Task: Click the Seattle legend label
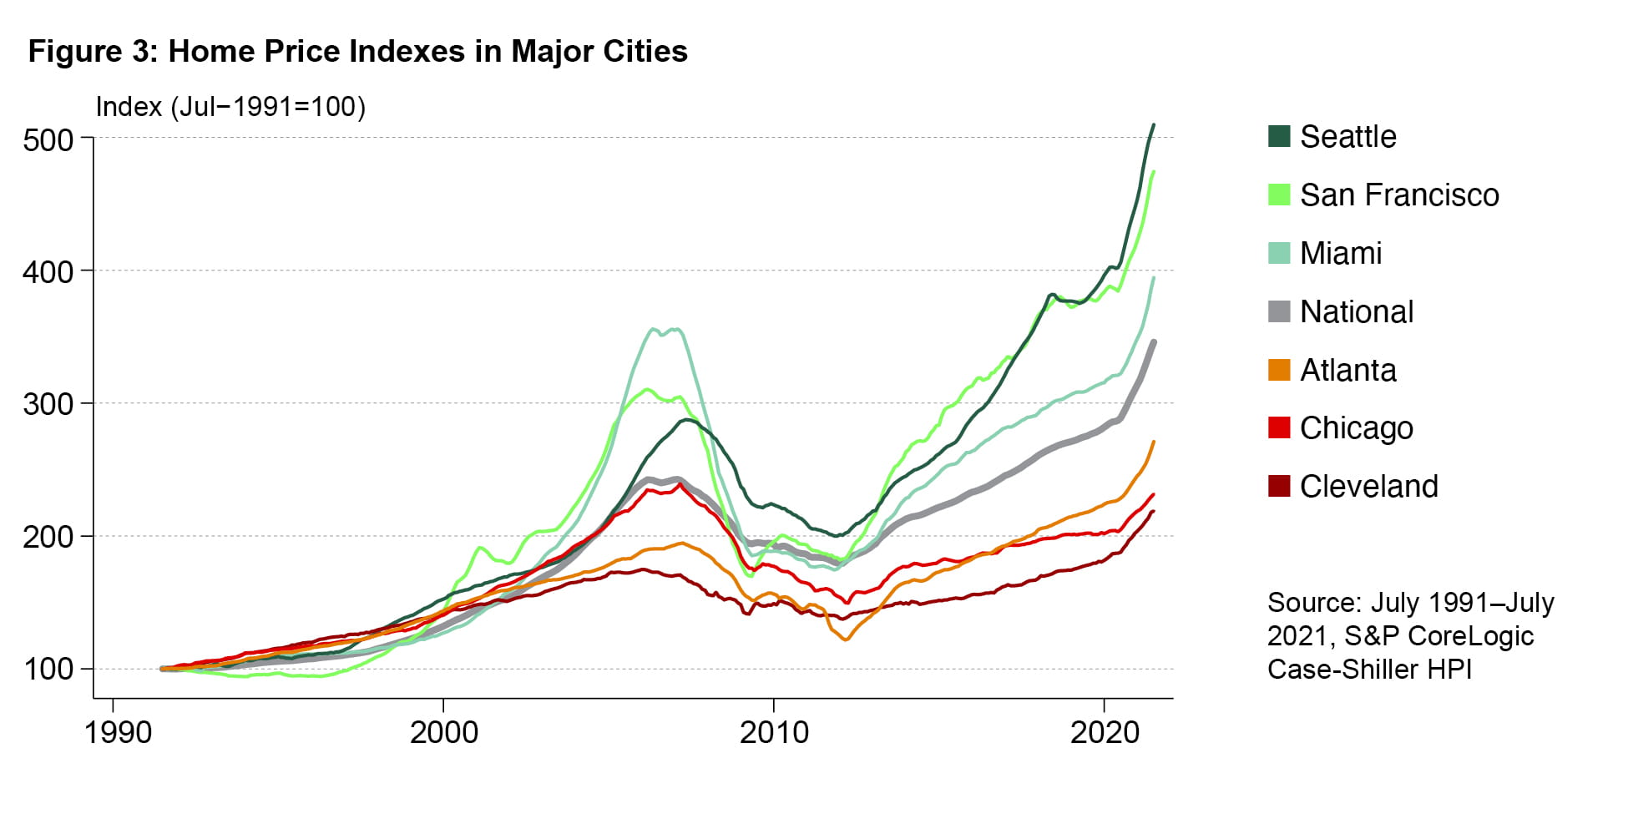[1347, 137]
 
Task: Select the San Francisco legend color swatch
[1279, 195]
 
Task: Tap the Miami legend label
[1340, 253]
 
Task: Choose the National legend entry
[1356, 311]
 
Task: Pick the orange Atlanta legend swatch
[1279, 370]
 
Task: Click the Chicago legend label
[1356, 427]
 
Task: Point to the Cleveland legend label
[1368, 486]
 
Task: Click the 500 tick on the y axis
[48, 139]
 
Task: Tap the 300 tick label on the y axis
[48, 404]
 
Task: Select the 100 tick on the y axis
[48, 670]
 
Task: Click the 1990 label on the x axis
[119, 733]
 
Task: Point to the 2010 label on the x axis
[774, 733]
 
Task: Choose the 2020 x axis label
[1105, 733]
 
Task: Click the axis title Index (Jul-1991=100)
[230, 107]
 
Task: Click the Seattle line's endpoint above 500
[1153, 125]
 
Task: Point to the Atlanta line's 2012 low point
[846, 640]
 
